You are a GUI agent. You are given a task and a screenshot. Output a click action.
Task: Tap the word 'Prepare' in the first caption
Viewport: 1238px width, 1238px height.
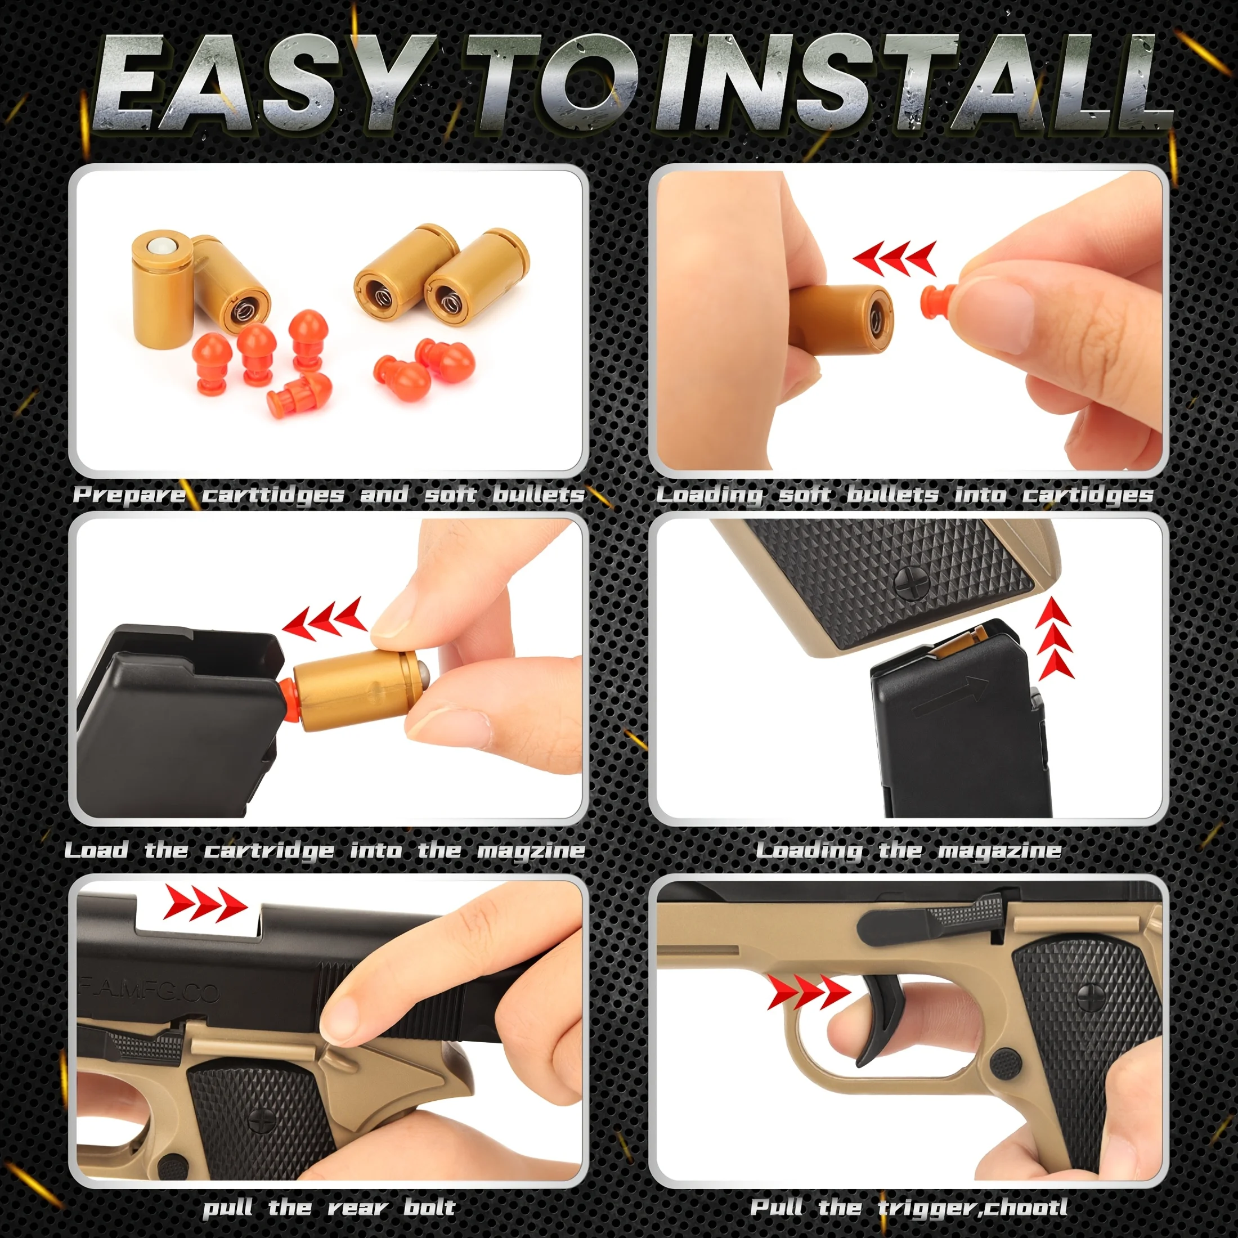pyautogui.click(x=129, y=495)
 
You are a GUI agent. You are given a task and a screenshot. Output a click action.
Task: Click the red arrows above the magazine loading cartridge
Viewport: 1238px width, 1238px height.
pyautogui.click(x=324, y=620)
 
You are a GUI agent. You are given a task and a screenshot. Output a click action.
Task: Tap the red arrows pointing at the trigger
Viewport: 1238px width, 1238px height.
pyautogui.click(x=808, y=994)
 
